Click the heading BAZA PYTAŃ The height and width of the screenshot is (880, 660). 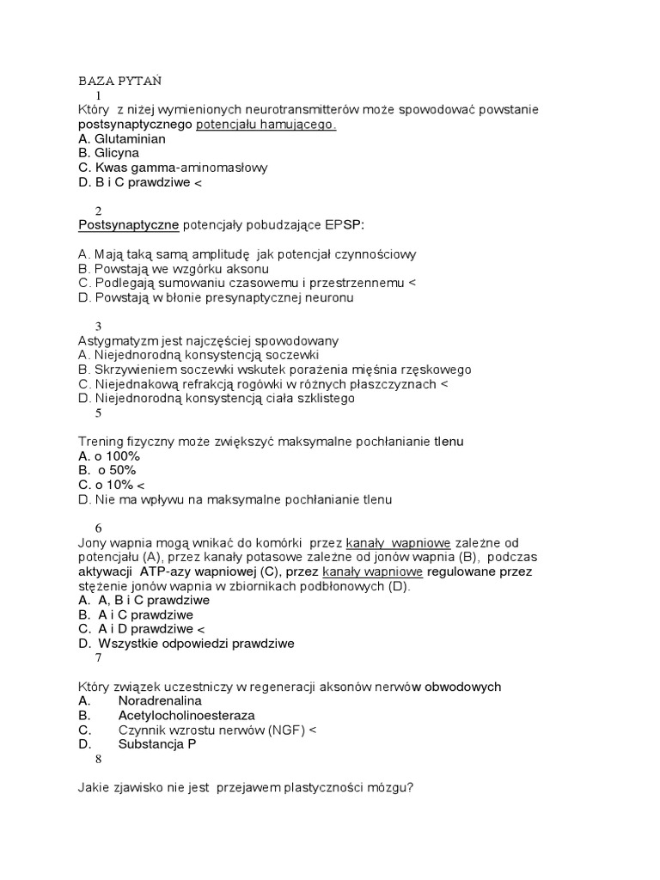pos(120,82)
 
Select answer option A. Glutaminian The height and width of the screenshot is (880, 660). pos(121,139)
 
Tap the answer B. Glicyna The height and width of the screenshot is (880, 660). pos(108,154)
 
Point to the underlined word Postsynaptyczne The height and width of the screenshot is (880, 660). pos(128,225)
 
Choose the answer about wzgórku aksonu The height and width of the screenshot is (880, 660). pos(165,269)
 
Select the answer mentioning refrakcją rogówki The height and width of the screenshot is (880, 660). pos(262,384)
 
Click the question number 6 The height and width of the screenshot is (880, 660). pos(99,528)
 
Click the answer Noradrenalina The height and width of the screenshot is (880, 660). pos(154,701)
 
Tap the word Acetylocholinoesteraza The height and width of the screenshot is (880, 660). pos(186,716)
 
